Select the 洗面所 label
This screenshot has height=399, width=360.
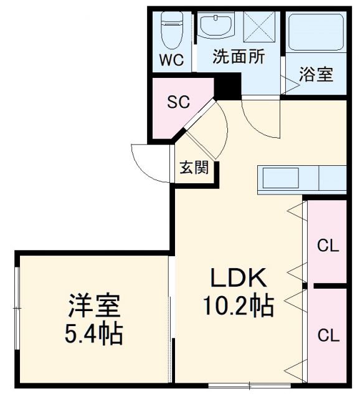click(239, 57)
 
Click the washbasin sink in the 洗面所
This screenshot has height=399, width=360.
click(216, 27)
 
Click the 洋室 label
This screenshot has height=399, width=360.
click(94, 307)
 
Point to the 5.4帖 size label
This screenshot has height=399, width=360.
click(94, 335)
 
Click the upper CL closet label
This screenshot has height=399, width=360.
click(328, 246)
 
